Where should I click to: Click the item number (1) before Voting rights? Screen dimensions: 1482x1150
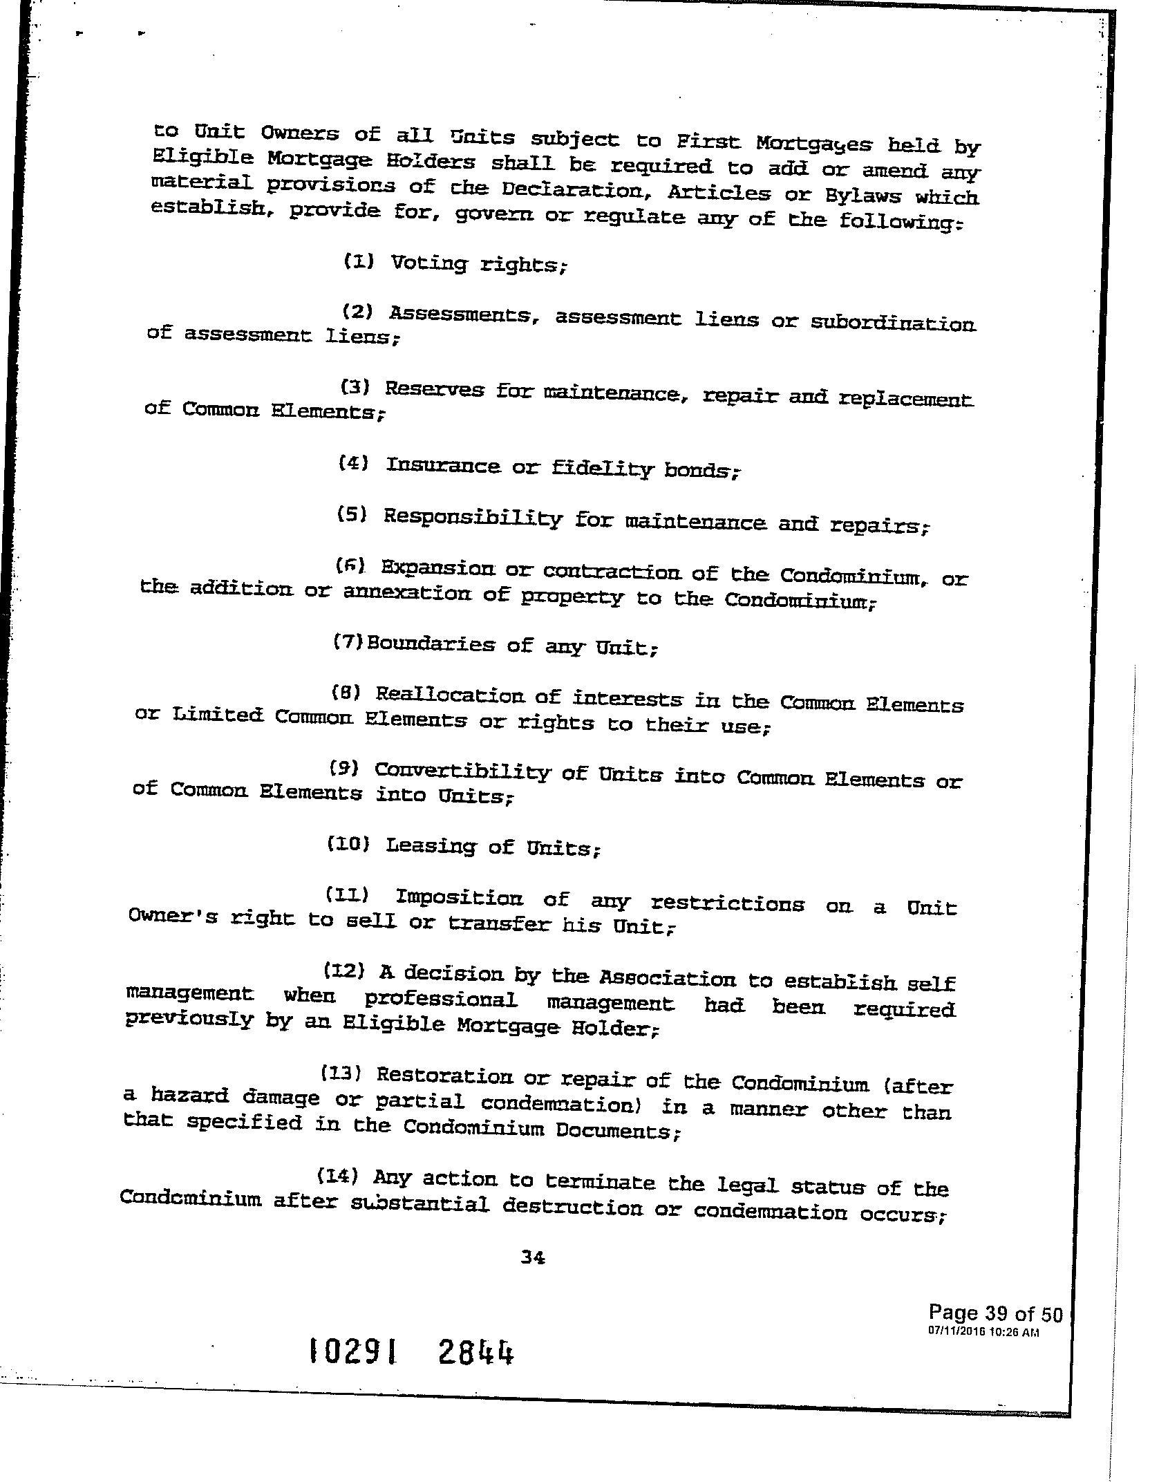coord(359,261)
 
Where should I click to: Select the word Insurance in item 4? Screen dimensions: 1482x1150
coord(442,465)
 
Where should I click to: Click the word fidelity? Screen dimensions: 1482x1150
coord(602,469)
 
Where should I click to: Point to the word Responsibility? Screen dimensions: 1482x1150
coord(472,518)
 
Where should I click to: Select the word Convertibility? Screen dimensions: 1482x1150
coord(462,771)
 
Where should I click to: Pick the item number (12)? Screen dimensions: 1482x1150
coord(344,970)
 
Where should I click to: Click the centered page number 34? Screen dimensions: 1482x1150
coord(533,1259)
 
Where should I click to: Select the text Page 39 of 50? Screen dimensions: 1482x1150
coord(995,1312)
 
